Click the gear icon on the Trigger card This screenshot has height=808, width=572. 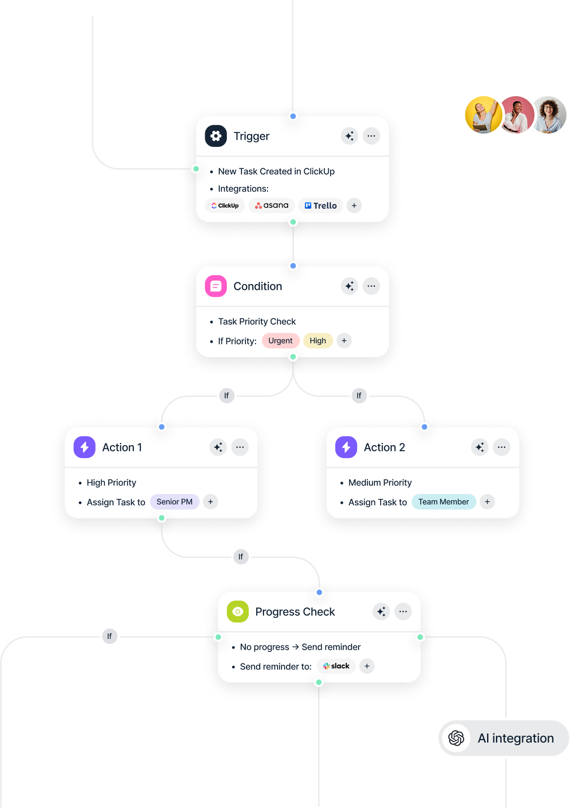pyautogui.click(x=216, y=136)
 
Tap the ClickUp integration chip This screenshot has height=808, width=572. pyautogui.click(x=225, y=206)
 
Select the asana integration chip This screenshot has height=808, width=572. pyautogui.click(x=272, y=206)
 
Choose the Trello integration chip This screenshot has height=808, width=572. pyautogui.click(x=321, y=206)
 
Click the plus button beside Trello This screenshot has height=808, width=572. pyautogui.click(x=354, y=206)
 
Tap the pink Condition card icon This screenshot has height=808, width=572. pyautogui.click(x=216, y=286)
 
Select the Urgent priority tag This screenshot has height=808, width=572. pyautogui.click(x=281, y=341)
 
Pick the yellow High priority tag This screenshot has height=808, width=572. pyautogui.click(x=318, y=341)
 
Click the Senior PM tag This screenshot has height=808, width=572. pyautogui.click(x=174, y=502)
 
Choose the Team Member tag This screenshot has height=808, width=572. pyautogui.click(x=443, y=502)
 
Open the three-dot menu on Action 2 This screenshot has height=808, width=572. pyautogui.click(x=502, y=447)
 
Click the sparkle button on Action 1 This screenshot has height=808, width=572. pyautogui.click(x=218, y=447)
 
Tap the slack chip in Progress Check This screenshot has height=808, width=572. pyautogui.click(x=336, y=666)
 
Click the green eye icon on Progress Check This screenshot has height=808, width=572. pyautogui.click(x=238, y=612)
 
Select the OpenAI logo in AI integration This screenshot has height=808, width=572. pyautogui.click(x=456, y=738)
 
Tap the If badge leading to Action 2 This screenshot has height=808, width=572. pyautogui.click(x=359, y=396)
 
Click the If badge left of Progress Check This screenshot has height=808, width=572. pyautogui.click(x=109, y=637)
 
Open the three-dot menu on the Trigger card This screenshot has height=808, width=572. pyautogui.click(x=371, y=136)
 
